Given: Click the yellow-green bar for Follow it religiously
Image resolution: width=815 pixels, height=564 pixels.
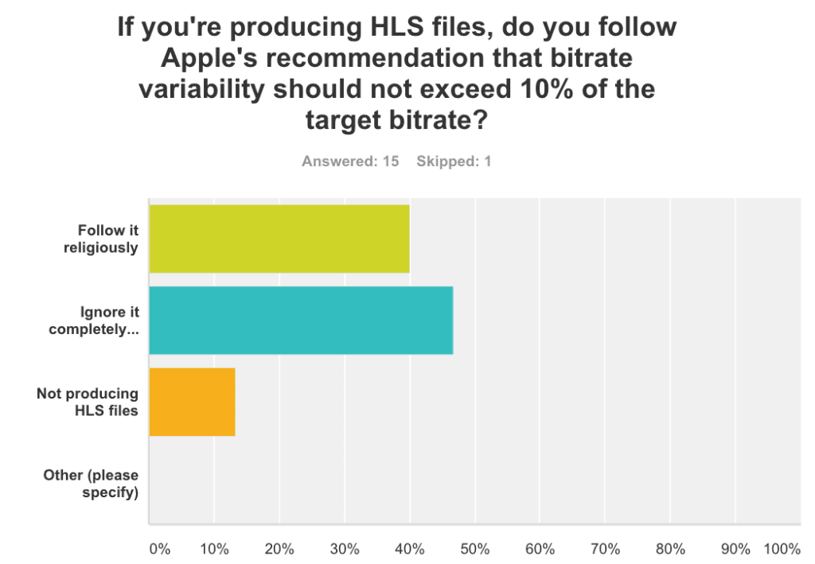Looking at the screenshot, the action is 279,239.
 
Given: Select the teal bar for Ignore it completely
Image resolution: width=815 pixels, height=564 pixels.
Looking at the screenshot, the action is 301,321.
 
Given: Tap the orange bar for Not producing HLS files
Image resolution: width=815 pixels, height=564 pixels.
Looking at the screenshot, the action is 192,402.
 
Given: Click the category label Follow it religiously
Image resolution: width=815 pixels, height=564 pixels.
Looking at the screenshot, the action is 101,239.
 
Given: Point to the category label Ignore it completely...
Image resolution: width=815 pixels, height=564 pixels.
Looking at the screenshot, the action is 94,321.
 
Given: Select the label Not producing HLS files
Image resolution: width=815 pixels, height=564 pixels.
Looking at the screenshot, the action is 88,402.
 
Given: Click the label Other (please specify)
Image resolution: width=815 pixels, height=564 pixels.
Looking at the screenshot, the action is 91,484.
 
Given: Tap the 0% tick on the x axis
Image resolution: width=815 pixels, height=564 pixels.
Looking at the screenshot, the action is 159,549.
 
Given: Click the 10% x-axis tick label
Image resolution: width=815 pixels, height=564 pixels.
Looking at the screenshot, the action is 214,549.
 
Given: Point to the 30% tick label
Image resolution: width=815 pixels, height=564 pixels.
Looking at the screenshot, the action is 345,549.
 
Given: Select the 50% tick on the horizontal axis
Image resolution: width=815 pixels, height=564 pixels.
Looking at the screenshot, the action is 475,549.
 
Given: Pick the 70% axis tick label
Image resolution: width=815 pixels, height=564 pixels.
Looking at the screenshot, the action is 605,549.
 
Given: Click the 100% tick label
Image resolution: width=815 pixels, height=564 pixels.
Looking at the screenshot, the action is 782,549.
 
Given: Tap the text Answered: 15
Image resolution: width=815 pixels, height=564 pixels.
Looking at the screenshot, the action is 350,161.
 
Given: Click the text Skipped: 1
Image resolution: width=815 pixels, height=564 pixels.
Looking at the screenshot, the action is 454,161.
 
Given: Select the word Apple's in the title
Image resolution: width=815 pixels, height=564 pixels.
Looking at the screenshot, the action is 209,58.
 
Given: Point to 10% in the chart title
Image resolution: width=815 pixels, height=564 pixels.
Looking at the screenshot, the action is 546,89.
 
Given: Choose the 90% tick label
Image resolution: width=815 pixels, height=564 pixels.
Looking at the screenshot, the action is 735,549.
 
